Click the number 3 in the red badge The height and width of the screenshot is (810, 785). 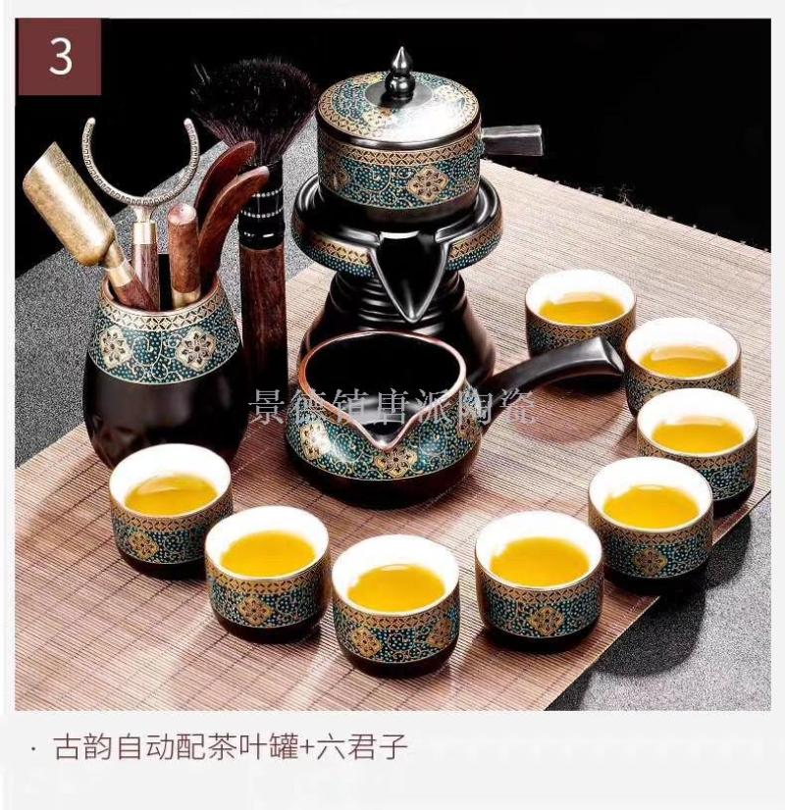[61, 56]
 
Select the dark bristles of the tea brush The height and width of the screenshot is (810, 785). [253, 103]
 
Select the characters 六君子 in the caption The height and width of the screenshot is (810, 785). [363, 747]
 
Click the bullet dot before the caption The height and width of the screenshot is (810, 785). [33, 747]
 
